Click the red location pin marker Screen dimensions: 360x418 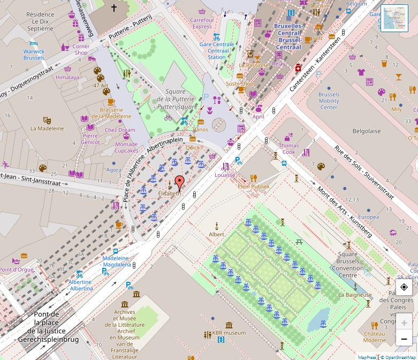[x=180, y=182]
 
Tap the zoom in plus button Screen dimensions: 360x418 [x=404, y=322]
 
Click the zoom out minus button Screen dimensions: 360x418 [x=404, y=339]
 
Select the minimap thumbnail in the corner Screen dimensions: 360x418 [x=395, y=19]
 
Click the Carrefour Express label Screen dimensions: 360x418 [x=201, y=23]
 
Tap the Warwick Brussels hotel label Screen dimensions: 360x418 [x=34, y=54]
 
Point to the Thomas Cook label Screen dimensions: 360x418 [x=288, y=148]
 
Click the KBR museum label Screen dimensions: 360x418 [x=229, y=333]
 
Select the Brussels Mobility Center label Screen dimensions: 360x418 [x=329, y=101]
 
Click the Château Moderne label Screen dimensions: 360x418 [x=374, y=336]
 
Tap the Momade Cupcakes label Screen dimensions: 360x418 [x=126, y=147]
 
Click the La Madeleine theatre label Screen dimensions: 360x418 [x=47, y=129]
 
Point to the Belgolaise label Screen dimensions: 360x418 [x=367, y=131]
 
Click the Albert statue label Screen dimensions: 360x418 [x=216, y=234]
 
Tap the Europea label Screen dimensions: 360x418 [x=368, y=217]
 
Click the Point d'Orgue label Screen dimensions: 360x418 [x=17, y=269]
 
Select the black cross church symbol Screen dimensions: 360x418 [x=113, y=8]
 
